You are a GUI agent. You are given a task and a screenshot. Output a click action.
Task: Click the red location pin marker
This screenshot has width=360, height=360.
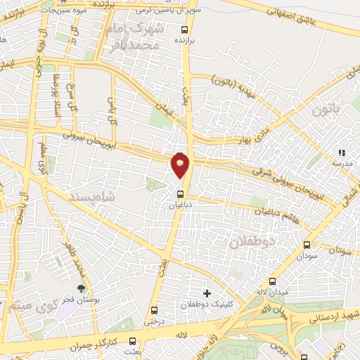181,166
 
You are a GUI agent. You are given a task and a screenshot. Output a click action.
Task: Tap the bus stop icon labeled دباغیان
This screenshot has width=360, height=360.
179,194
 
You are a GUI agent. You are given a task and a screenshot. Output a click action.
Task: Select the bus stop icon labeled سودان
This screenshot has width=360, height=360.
306,245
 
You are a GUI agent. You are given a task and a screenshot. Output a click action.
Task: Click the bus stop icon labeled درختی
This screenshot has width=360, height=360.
154,310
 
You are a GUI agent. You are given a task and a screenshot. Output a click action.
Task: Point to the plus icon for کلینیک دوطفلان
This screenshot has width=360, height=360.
206,292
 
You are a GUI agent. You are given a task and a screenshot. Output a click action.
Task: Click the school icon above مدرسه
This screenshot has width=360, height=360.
342,152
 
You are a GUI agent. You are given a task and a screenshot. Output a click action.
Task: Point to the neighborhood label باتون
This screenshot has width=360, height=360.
326,110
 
